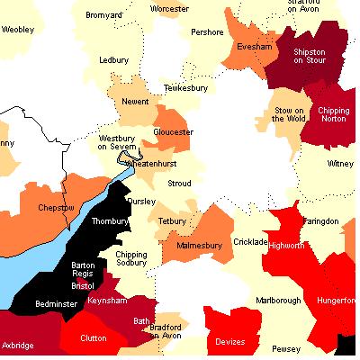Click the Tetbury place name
[171, 220]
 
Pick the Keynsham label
[107, 301]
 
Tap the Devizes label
[229, 341]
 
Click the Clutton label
[94, 340]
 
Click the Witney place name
[340, 164]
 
